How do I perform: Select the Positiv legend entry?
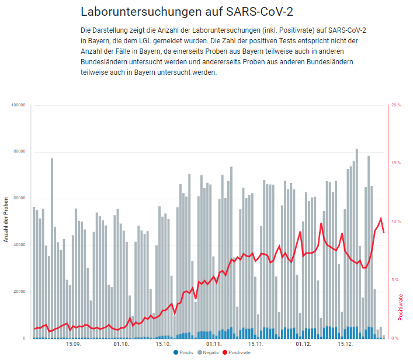click(184, 352)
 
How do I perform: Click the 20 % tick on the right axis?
click(396, 105)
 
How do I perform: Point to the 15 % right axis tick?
click(396, 163)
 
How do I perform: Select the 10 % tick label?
click(396, 221)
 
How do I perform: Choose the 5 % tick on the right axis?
click(395, 280)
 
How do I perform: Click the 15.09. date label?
click(74, 344)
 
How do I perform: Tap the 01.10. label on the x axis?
click(122, 344)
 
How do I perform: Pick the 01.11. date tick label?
click(214, 344)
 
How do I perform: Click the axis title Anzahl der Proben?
click(6, 221)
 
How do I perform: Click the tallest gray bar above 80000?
click(357, 234)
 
